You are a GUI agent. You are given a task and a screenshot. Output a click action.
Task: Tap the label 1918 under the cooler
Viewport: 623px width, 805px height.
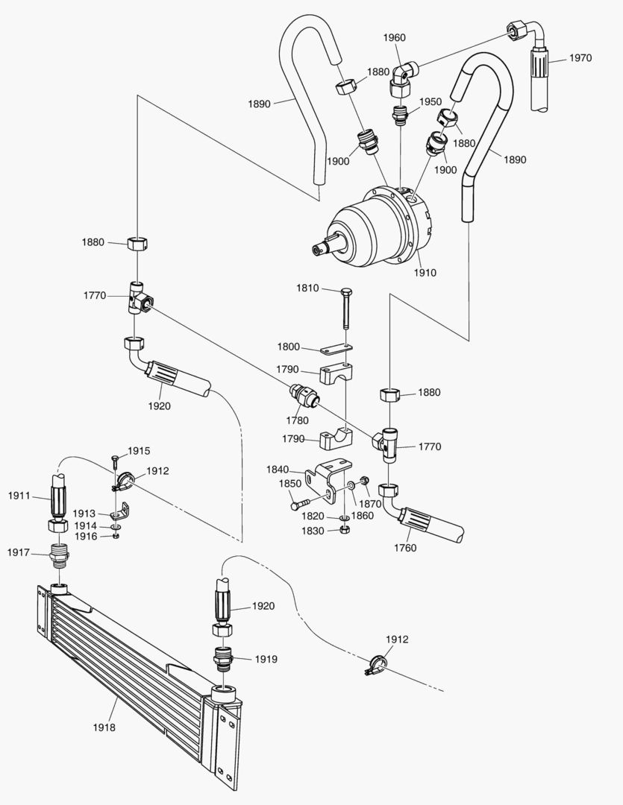click(x=105, y=728)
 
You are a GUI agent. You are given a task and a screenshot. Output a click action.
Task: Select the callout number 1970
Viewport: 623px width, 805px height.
click(x=580, y=58)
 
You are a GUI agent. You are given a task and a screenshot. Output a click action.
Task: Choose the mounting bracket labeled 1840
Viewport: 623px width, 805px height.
click(x=329, y=482)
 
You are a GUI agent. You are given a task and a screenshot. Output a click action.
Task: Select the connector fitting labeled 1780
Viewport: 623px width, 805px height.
click(x=304, y=397)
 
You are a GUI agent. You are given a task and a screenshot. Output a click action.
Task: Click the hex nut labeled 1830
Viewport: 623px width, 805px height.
click(x=345, y=530)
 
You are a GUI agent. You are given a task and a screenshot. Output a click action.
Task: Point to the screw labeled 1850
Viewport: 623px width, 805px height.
click(x=306, y=502)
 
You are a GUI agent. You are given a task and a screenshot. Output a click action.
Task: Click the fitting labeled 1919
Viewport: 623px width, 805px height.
click(x=225, y=659)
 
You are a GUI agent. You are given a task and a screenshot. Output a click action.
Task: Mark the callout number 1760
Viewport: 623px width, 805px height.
click(x=406, y=548)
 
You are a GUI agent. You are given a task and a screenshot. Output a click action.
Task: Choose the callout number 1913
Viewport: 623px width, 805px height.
click(x=84, y=514)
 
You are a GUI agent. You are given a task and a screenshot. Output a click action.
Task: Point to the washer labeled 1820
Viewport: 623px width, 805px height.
click(x=345, y=517)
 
